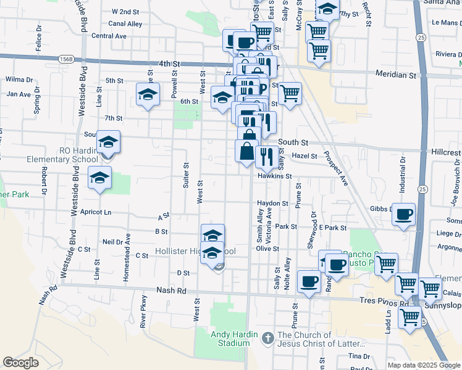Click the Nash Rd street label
pos(171,290)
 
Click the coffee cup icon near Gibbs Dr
pos(403,215)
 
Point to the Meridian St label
pos(396,75)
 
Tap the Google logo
pos(21,363)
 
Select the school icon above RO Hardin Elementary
pos(108,143)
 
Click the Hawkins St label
pos(274,176)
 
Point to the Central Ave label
pos(109,36)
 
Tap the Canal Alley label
pos(125,24)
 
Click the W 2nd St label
pos(125,12)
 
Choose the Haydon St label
pos(273,203)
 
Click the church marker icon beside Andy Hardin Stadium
pos(267,337)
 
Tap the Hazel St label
pos(304,156)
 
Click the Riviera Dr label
pos(447,54)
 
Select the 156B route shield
pos(67,59)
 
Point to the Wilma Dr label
pos(19,80)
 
